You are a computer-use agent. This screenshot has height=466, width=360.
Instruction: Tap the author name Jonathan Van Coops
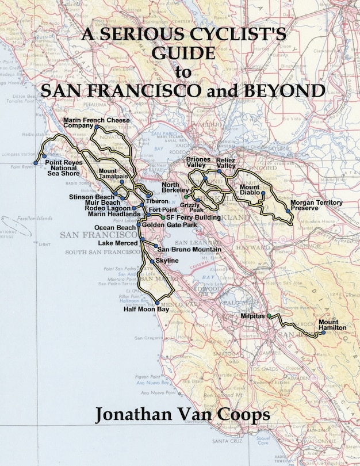pos(179,416)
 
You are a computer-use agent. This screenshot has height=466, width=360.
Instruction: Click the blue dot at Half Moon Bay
pos(158,303)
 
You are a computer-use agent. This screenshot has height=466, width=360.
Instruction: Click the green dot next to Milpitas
pos(269,316)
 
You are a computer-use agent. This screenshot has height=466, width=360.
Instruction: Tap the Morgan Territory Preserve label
pos(316,205)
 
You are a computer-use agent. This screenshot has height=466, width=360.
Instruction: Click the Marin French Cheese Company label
pos(97,122)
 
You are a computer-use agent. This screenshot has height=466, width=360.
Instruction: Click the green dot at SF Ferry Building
pos(163,218)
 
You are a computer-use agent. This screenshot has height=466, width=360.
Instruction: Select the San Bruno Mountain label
pos(189,250)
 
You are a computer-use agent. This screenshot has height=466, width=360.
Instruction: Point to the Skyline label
pos(167,261)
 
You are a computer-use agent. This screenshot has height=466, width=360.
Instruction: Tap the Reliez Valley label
pos(226,162)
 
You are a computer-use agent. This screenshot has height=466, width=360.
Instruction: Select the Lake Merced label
pos(118,243)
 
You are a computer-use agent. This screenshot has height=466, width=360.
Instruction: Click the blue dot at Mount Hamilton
pos(316,333)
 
